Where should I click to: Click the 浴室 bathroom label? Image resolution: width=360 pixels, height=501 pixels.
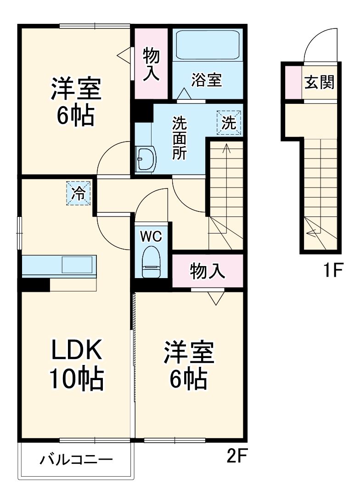click(x=207, y=80)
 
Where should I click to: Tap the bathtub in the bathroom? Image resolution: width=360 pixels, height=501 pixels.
click(x=208, y=44)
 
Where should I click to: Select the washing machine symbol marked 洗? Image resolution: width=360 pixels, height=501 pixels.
click(x=228, y=123)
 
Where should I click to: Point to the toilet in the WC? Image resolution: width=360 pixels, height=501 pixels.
click(x=151, y=262)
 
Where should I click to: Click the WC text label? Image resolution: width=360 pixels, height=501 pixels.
click(x=151, y=236)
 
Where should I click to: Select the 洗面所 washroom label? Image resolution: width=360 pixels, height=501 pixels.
click(x=179, y=138)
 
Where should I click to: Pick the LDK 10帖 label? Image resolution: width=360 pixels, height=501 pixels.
click(x=76, y=365)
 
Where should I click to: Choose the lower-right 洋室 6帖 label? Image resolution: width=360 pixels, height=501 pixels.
click(x=189, y=365)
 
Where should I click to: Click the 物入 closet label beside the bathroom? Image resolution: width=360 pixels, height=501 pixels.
click(x=152, y=64)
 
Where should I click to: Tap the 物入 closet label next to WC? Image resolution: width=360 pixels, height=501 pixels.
click(x=208, y=272)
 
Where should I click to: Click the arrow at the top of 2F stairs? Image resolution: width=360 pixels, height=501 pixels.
click(x=226, y=148)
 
